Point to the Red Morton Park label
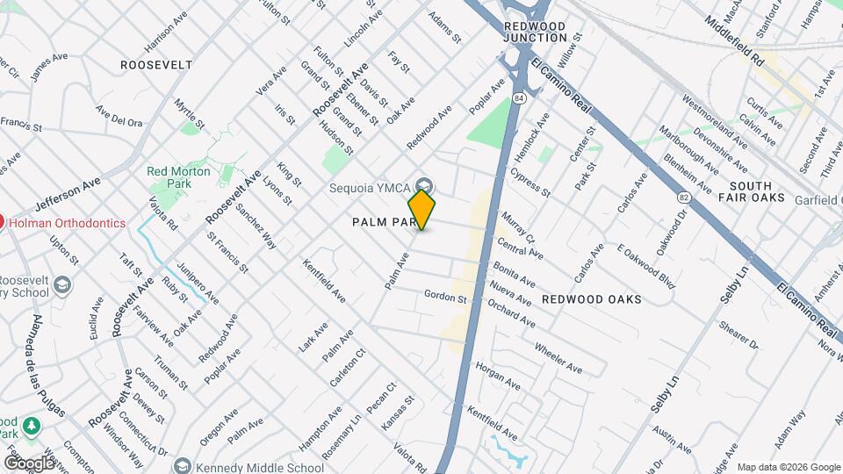tap(178, 171)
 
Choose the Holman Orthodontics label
tap(68, 223)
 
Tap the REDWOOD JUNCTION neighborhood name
tap(536, 32)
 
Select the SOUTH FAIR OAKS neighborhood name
tap(750, 192)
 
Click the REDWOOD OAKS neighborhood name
tap(591, 299)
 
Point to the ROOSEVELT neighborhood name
tap(156, 65)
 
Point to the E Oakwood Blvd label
tap(645, 266)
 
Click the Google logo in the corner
tap(29, 463)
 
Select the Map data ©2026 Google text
tap(788, 467)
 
